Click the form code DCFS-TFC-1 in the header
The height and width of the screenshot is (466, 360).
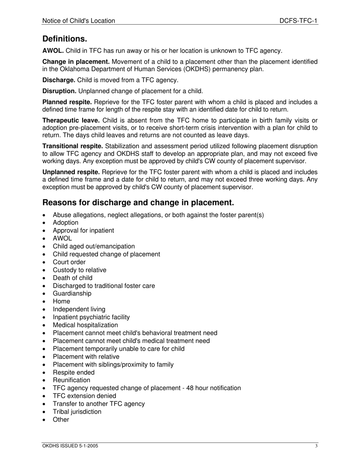tap(298, 21)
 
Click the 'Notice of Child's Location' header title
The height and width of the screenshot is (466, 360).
tap(79, 21)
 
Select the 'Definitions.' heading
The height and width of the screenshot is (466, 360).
tap(65, 39)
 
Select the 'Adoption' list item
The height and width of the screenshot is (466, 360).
tap(66, 223)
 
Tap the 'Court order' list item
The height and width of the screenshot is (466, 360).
tap(69, 262)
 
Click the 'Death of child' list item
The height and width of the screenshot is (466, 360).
tap(73, 278)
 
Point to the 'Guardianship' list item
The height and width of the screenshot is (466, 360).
tap(72, 294)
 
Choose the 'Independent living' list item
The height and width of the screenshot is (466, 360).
tap(79, 309)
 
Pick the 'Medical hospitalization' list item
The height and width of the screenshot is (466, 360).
tap(85, 325)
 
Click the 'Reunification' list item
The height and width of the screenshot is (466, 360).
tap(72, 380)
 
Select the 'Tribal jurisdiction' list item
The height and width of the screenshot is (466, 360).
tap(77, 412)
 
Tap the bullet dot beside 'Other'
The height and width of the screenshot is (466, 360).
tap(45, 420)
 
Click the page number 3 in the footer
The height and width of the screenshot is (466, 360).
tap(316, 446)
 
